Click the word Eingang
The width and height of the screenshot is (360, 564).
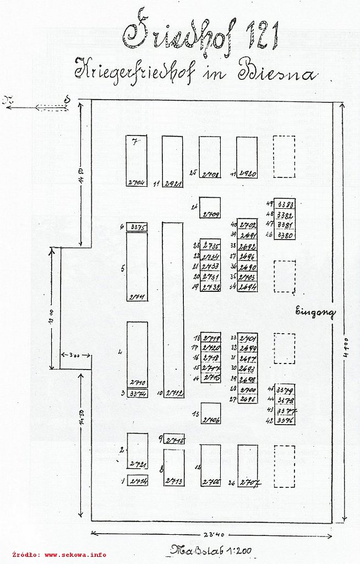pyautogui.click(x=314, y=312)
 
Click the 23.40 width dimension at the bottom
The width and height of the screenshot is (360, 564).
pyautogui.click(x=211, y=534)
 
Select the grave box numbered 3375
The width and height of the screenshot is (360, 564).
pyautogui.click(x=137, y=227)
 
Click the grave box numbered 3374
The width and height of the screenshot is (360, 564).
pyautogui.click(x=137, y=394)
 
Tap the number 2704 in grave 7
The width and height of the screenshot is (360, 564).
pyautogui.click(x=136, y=182)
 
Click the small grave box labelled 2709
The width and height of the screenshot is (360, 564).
pyautogui.click(x=210, y=208)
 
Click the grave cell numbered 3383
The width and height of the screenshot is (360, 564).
pyautogui.click(x=285, y=204)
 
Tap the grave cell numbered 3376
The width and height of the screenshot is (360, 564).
pyautogui.click(x=285, y=420)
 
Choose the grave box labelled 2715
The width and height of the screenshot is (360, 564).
pyautogui.click(x=173, y=440)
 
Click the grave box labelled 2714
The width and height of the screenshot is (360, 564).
pyautogui.click(x=137, y=480)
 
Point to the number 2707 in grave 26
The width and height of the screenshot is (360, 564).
pyautogui.click(x=249, y=482)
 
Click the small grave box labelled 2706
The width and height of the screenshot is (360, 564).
pyautogui.click(x=210, y=414)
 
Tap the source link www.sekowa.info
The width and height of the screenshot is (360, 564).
pyautogui.click(x=75, y=555)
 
